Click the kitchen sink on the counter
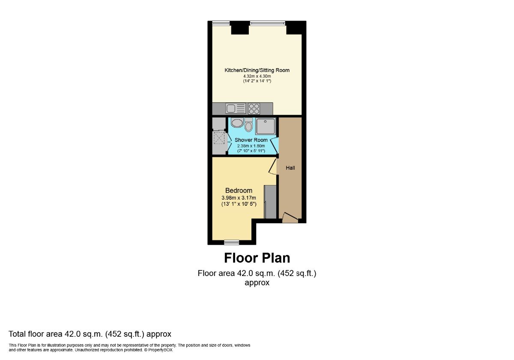[236, 108]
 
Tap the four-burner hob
[254, 108]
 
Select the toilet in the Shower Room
[248, 124]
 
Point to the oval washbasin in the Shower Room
[237, 123]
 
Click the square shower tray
[266, 126]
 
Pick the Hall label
[290, 168]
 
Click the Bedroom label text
[239, 190]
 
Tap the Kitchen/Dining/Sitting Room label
[257, 70]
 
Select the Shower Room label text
[251, 140]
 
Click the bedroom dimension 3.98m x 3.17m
[239, 198]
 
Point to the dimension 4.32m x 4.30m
[257, 76]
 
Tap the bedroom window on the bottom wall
[232, 242]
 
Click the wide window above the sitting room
[268, 23]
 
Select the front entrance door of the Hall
[290, 218]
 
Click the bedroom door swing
[272, 167]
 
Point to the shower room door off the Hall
[274, 145]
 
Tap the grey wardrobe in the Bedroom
[270, 202]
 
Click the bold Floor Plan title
[257, 258]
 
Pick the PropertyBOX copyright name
[160, 350]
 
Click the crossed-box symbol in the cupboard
[218, 138]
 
